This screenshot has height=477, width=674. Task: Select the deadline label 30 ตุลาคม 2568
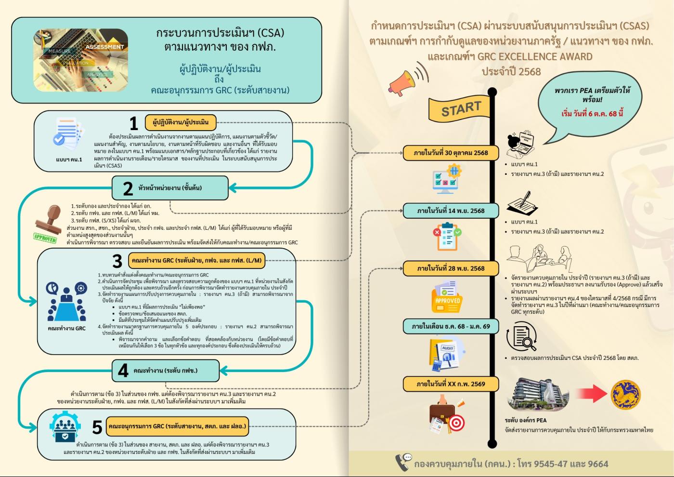click(x=451, y=153)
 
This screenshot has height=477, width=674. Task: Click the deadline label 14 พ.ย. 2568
click(x=451, y=211)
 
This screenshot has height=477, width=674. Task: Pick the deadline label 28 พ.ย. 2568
click(x=451, y=268)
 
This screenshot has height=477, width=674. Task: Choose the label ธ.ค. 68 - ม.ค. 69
click(x=451, y=326)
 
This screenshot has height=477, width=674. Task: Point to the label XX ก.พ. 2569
click(x=451, y=384)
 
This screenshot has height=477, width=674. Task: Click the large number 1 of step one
click(x=134, y=124)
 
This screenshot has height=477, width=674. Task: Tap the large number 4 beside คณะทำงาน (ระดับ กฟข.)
click(x=123, y=371)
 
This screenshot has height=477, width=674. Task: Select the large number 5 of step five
click(x=97, y=427)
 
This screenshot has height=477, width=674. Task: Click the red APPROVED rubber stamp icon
click(x=47, y=224)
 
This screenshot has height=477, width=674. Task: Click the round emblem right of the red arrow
click(x=625, y=394)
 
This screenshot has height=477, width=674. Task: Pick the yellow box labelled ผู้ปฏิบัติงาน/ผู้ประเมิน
click(x=181, y=122)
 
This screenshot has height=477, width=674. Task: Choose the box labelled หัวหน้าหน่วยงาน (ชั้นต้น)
click(x=169, y=188)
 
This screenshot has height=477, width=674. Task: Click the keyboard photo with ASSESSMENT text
click(x=80, y=60)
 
